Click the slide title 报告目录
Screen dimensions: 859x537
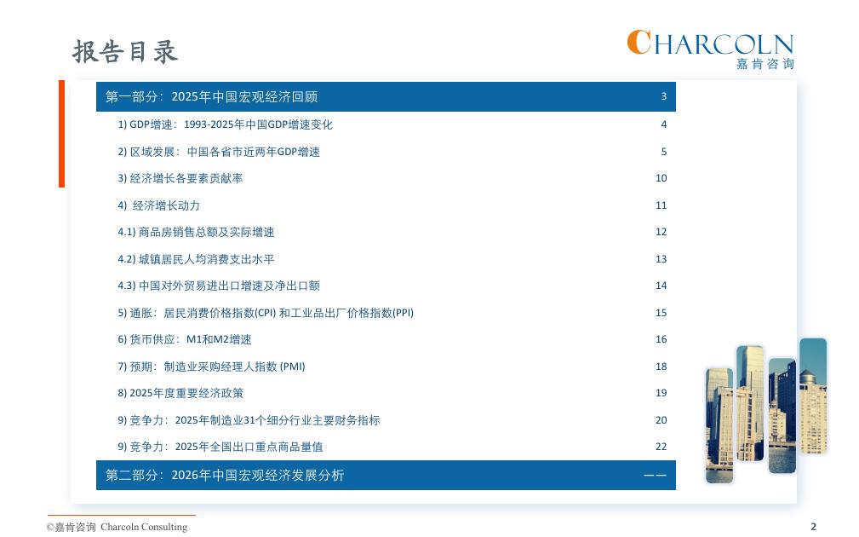pos(125,51)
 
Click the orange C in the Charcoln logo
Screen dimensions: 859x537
pos(639,43)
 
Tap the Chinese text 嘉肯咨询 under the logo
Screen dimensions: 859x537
pos(765,64)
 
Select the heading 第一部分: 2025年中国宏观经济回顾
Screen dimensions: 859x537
pos(211,96)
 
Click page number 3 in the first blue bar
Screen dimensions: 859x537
pos(663,96)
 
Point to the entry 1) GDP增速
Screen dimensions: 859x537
pos(225,124)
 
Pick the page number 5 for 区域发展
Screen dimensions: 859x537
pos(663,152)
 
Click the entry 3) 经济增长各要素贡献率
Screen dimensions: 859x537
pos(180,178)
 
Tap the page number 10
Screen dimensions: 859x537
pos(661,177)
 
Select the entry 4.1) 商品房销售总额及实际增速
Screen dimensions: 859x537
pos(196,232)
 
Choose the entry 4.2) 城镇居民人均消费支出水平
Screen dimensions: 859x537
pos(196,259)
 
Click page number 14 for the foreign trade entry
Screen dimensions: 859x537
pos(661,286)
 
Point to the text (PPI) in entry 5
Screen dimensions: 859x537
pos(404,313)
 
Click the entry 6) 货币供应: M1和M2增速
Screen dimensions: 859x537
pos(185,339)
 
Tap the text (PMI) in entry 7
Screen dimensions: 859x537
pos(293,367)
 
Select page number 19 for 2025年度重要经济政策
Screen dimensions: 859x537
pos(661,393)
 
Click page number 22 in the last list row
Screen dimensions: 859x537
pos(661,447)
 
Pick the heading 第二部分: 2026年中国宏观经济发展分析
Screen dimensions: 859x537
pos(225,475)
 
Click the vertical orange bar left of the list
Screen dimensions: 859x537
pos(62,134)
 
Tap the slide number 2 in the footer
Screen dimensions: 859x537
pos(814,527)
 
